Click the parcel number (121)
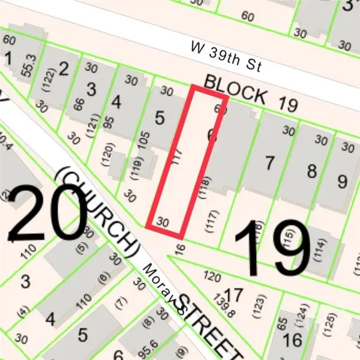pos(75,122)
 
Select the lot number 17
pos(235,295)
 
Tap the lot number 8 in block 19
pos(311,172)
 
